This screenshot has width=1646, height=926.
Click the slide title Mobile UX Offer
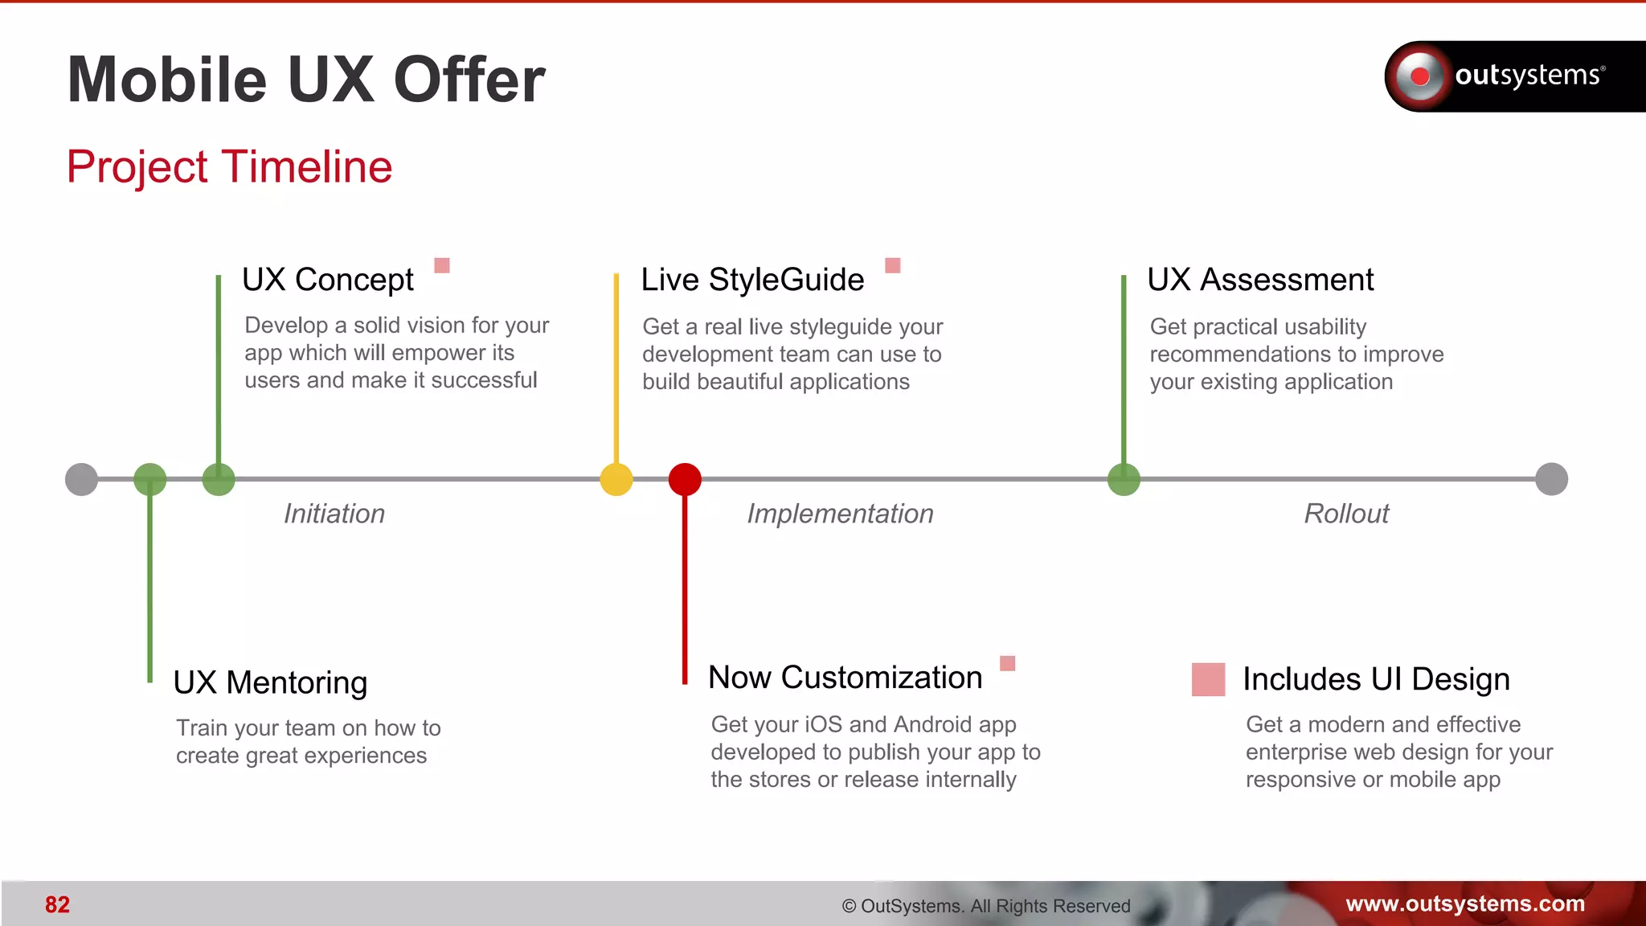[x=306, y=80]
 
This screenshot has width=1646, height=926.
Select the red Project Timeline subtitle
[x=229, y=167]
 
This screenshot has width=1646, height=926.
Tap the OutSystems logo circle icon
[x=1419, y=76]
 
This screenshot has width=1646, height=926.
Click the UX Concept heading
[x=328, y=280]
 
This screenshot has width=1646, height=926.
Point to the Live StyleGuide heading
[x=752, y=280]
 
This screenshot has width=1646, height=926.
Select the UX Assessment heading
[x=1260, y=280]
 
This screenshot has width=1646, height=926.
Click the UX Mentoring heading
[x=270, y=682]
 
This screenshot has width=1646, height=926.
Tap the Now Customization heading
[x=845, y=678]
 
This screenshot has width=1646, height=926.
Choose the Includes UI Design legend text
[x=1376, y=679]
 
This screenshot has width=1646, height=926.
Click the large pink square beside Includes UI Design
[x=1208, y=679]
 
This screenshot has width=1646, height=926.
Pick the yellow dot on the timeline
[x=616, y=479]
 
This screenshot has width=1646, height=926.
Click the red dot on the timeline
[x=685, y=479]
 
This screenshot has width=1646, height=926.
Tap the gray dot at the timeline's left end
[x=81, y=479]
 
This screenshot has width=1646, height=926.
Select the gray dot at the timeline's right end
[x=1551, y=479]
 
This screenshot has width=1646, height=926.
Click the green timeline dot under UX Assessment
[x=1124, y=479]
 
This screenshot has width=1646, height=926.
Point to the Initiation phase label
[x=334, y=514]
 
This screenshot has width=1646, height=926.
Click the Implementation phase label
[x=840, y=514]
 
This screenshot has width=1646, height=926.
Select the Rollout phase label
[x=1346, y=514]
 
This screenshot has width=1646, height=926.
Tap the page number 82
[x=57, y=905]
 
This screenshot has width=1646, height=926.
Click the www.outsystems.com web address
[x=1465, y=903]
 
